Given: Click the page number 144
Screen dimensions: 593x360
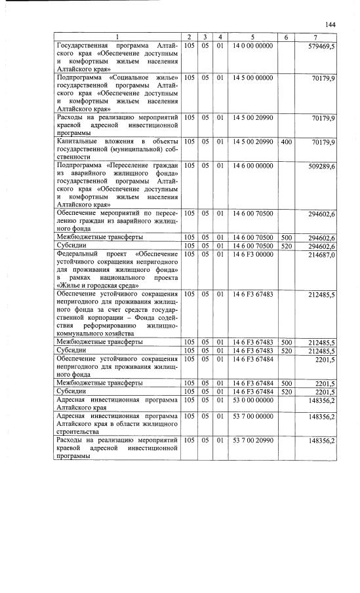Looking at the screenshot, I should tap(330, 24).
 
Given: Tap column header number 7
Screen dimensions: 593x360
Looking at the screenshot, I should tap(316, 37).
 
